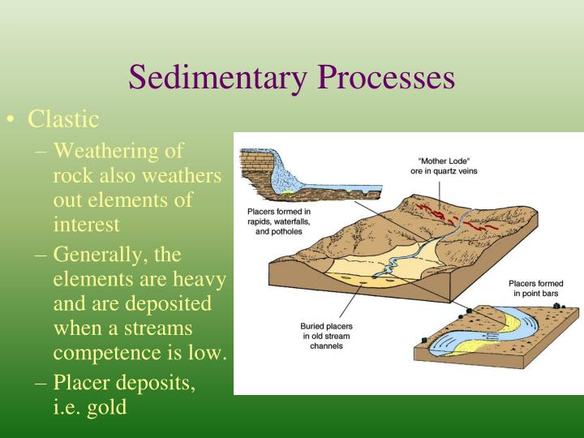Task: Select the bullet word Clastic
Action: pyautogui.click(x=63, y=120)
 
